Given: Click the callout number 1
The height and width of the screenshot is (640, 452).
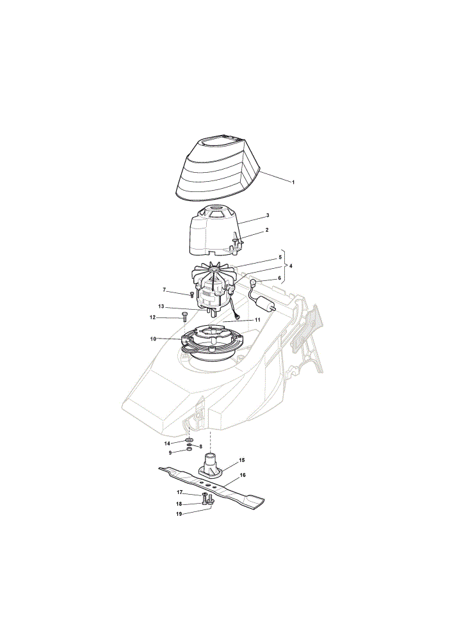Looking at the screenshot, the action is click(293, 182).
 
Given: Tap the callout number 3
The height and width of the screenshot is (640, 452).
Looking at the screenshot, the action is click(268, 215).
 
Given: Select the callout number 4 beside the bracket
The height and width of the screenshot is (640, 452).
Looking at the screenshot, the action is click(290, 266).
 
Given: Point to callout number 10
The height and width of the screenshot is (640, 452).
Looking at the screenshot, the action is click(153, 339).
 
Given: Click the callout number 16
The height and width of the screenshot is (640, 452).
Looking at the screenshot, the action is click(243, 475).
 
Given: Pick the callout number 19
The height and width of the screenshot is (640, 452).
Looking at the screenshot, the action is click(179, 515).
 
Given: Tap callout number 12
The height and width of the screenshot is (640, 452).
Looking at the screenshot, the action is click(153, 317).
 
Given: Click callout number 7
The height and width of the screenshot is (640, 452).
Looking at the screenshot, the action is click(165, 290).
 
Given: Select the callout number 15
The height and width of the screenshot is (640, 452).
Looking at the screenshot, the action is click(242, 460).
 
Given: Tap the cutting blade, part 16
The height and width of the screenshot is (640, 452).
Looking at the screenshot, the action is click(211, 488).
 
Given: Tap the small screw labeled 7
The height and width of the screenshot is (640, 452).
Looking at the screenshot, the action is click(192, 294).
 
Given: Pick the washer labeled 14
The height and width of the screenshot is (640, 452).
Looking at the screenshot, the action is click(190, 440).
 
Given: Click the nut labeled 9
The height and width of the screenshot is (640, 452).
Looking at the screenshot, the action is click(189, 449).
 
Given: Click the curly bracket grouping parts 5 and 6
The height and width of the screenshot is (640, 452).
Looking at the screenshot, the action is click(285, 266).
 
